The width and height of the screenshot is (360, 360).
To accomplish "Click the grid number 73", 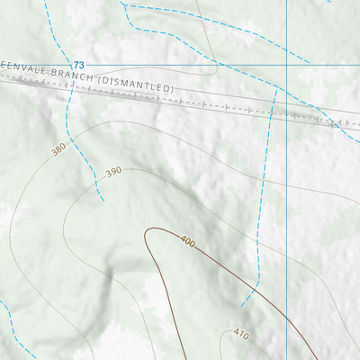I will pos(79,66).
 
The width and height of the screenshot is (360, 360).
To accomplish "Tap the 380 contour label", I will pos(59,148).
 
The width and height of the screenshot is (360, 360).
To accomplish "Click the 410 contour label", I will pos(240,334).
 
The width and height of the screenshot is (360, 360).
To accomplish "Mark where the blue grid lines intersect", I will pos(286,65).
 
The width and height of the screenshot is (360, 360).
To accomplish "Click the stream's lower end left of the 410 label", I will pos(241,305).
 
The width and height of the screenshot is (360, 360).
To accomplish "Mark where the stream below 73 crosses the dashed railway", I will pos(71,89).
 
